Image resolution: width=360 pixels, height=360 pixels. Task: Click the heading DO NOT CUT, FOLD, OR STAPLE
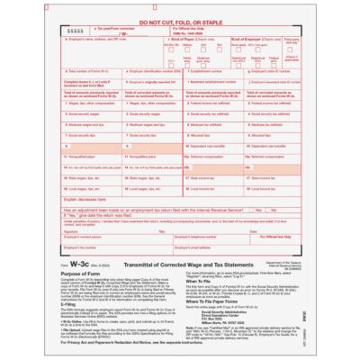pyautogui.click(x=180, y=20)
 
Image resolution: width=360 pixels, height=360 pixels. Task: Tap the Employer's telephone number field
pyautogui.click(x=198, y=240)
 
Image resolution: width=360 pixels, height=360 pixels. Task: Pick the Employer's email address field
pyautogui.click(x=198, y=249)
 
